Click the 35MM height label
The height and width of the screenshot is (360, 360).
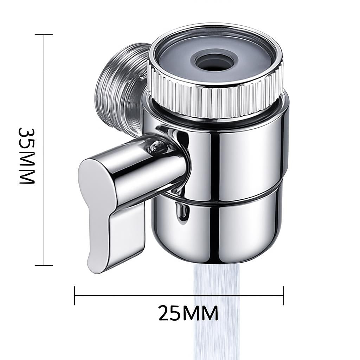point(27,155)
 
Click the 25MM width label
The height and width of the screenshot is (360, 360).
point(188,313)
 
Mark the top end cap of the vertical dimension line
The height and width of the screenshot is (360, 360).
point(44,35)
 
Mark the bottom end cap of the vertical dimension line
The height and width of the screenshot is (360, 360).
point(44,265)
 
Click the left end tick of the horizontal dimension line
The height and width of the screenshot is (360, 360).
point(75,295)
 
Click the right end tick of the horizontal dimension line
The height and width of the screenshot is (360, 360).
point(283,295)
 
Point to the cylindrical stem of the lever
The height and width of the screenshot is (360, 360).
point(151,169)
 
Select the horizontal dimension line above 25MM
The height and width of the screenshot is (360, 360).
point(141,295)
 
